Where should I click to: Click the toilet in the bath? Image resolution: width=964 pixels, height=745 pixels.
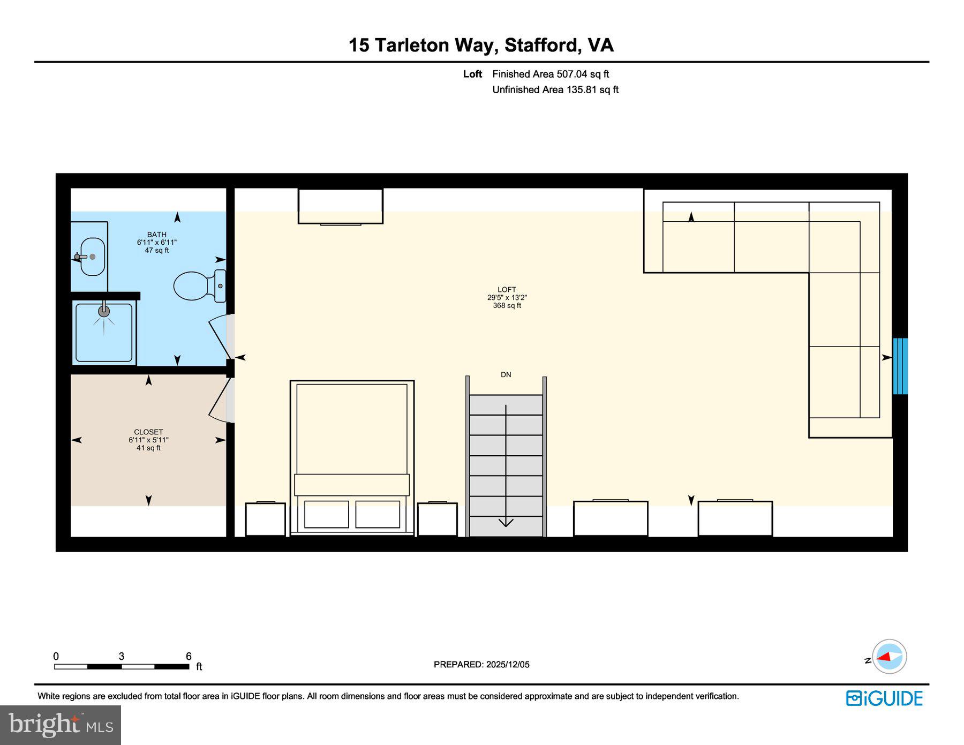pyautogui.click(x=195, y=285)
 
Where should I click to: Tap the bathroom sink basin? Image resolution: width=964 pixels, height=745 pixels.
pyautogui.click(x=93, y=257)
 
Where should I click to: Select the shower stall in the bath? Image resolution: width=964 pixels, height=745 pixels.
pyautogui.click(x=104, y=333)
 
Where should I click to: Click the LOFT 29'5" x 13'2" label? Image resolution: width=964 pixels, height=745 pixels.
pyautogui.click(x=507, y=297)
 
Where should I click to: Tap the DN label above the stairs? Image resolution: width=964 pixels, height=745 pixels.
pyautogui.click(x=506, y=374)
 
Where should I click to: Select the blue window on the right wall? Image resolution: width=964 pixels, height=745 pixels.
pyautogui.click(x=900, y=366)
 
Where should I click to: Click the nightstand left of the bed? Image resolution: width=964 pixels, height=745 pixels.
pyautogui.click(x=265, y=518)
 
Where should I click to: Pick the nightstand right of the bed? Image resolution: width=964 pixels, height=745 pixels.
pyautogui.click(x=437, y=518)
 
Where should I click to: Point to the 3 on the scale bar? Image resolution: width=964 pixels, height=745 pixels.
pyautogui.click(x=122, y=656)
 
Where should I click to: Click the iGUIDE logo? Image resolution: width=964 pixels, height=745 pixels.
pyautogui.click(x=884, y=698)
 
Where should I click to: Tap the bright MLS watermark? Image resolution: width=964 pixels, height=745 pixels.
pyautogui.click(x=61, y=725)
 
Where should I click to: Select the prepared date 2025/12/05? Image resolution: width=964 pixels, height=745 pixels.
pyautogui.click(x=507, y=664)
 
